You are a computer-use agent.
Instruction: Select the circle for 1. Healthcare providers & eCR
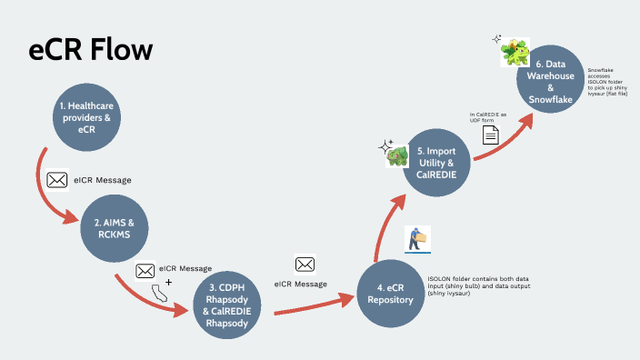(86, 117)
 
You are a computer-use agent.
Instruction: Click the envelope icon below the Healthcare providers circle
(57, 179)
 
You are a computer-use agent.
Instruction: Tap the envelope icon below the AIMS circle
(145, 270)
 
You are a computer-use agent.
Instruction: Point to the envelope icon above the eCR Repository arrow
(305, 264)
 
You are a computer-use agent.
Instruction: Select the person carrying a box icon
(417, 238)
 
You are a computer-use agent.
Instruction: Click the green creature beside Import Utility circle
(395, 156)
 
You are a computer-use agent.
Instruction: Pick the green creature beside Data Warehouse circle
(515, 51)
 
